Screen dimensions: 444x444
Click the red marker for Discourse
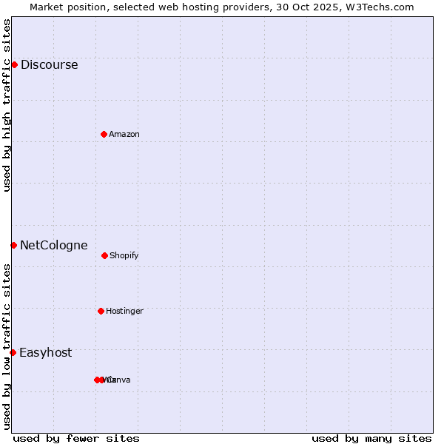pyautogui.click(x=14, y=64)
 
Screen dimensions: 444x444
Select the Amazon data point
pyautogui.click(x=104, y=134)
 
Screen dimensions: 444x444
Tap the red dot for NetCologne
pyautogui.click(x=13, y=245)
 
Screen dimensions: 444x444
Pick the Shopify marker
pyautogui.click(x=104, y=255)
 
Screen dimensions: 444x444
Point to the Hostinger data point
pyautogui.click(x=101, y=311)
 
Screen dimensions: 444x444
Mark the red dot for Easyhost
pyautogui.click(x=13, y=352)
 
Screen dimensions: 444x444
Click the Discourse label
pyautogui.click(x=49, y=64)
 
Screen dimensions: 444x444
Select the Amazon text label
pyautogui.click(x=124, y=134)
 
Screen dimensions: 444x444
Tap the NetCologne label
pyautogui.click(x=53, y=245)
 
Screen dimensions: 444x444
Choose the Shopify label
pyautogui.click(x=124, y=255)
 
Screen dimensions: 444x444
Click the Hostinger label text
pyautogui.click(x=124, y=311)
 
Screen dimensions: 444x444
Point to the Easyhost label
pyautogui.click(x=45, y=352)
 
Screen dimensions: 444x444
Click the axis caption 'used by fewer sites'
pyautogui.click(x=76, y=438)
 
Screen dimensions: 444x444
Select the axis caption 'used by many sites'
pyautogui.click(x=371, y=438)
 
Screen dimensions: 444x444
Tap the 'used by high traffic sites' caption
pyautogui.click(x=7, y=105)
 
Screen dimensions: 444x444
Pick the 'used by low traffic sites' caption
pyautogui.click(x=7, y=346)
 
